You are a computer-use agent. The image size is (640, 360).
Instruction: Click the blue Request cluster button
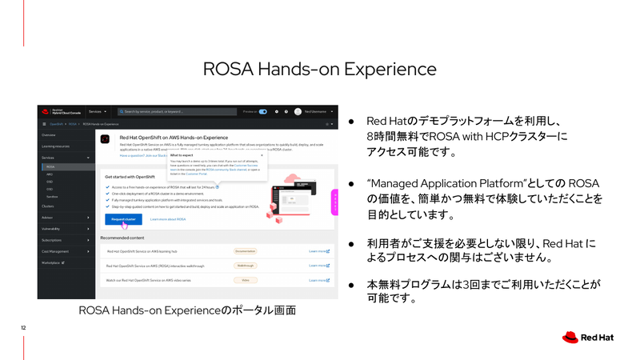123,219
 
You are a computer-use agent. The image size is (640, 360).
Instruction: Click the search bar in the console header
175,112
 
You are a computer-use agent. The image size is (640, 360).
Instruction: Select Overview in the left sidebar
50,136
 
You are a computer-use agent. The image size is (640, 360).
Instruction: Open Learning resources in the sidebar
56,146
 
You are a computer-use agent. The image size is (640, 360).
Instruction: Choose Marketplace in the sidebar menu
53,262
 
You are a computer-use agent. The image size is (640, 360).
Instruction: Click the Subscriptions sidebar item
53,239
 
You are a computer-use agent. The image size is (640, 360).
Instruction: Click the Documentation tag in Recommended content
245,251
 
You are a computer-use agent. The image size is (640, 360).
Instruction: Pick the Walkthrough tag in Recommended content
245,266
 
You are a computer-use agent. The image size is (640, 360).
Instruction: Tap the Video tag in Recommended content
245,280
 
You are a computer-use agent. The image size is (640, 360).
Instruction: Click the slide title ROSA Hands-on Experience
320,68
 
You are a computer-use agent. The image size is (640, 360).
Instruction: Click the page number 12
24,328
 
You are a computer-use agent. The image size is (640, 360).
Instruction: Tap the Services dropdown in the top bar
97,112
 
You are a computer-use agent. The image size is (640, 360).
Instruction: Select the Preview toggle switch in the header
262,112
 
